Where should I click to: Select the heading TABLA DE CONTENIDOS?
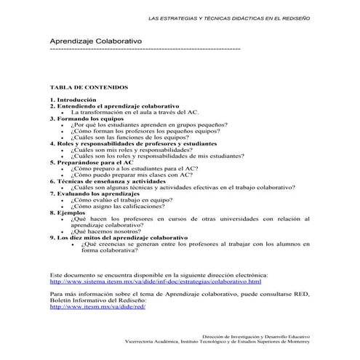(89, 86)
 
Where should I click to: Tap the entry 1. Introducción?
(74, 100)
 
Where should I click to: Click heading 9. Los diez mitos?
(119, 238)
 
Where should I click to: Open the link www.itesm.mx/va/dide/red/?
(98, 306)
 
